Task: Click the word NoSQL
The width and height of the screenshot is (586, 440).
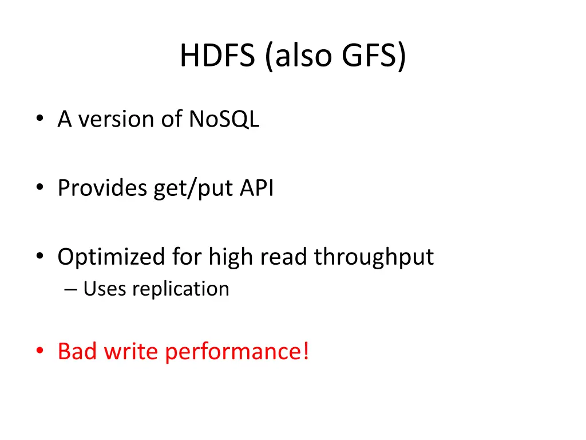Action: pyautogui.click(x=224, y=119)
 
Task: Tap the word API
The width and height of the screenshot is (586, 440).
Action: pyautogui.click(x=256, y=188)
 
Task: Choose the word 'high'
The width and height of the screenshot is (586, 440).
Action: pyautogui.click(x=228, y=257)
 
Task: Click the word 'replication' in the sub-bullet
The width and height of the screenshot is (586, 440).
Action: pyautogui.click(x=181, y=289)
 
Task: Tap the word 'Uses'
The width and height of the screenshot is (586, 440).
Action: pyautogui.click(x=105, y=289)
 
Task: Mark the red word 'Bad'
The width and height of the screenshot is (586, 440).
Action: pyautogui.click(x=78, y=351)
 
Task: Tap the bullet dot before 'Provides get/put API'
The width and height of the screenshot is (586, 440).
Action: pyautogui.click(x=39, y=188)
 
